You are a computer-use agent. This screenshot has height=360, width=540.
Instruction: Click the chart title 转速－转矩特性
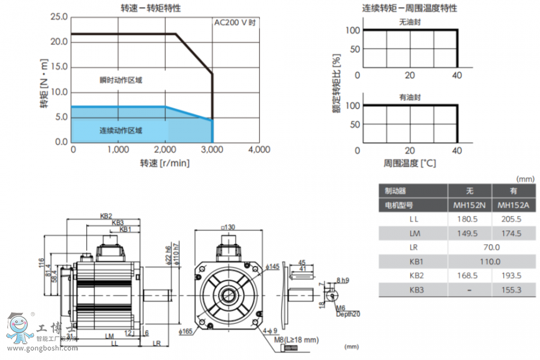[x=151, y=8]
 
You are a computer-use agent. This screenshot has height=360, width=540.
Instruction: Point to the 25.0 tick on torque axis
[x=59, y=16]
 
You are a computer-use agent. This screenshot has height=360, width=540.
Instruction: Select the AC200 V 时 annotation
[x=236, y=23]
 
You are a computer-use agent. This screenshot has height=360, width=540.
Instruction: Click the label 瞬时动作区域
[x=121, y=80]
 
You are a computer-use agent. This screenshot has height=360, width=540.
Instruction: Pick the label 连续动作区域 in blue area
[x=121, y=130]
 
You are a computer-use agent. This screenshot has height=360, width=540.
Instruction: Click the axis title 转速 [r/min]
[x=164, y=163]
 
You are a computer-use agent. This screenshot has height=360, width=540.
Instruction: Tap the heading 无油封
[x=410, y=22]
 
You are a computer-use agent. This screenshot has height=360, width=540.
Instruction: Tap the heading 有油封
[x=410, y=97]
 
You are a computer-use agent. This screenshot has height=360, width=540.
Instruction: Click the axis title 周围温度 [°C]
[x=410, y=163]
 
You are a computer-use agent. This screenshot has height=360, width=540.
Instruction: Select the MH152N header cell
[x=470, y=205]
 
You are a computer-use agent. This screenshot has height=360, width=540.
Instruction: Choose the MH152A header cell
[x=513, y=205]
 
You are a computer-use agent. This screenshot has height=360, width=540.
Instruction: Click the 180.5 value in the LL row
[x=470, y=219]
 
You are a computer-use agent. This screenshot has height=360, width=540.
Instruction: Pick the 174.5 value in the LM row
[x=513, y=233]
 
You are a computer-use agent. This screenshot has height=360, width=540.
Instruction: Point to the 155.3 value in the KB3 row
[x=513, y=290]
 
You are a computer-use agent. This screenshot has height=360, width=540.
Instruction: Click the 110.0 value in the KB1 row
[x=491, y=262]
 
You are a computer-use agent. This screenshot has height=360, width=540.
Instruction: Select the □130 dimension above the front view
[x=227, y=227]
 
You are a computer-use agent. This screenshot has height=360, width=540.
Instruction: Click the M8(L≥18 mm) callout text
[x=296, y=340]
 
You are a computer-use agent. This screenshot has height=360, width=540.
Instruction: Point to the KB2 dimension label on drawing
[x=107, y=217]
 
